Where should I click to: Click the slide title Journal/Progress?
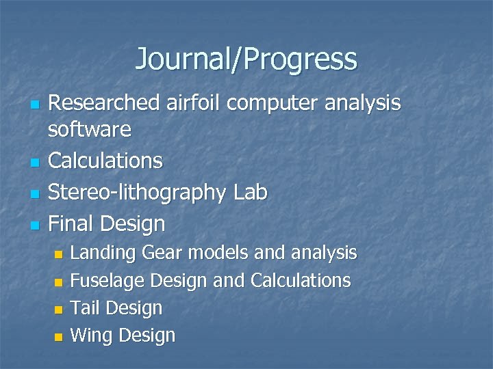click(x=246, y=59)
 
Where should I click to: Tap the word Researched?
click(x=105, y=103)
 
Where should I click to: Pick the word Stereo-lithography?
click(x=138, y=193)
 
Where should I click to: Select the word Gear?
click(x=163, y=254)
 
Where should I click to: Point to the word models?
click(x=218, y=253)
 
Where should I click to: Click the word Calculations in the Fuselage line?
click(x=301, y=281)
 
